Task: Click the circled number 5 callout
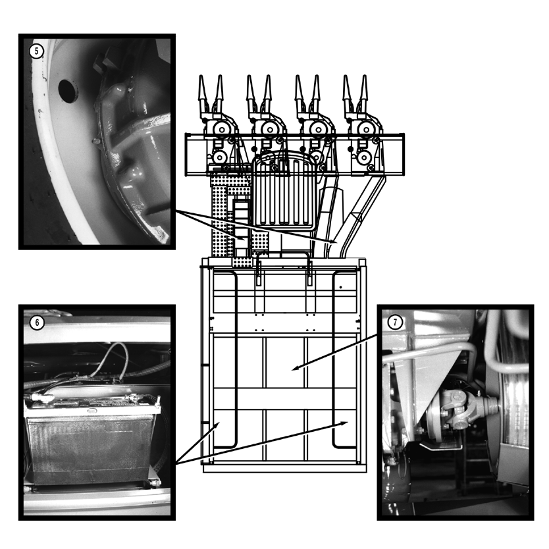click(x=36, y=51)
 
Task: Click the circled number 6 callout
click(x=37, y=322)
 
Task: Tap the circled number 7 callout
click(x=396, y=322)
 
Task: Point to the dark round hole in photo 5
click(x=68, y=91)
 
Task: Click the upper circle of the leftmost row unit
click(x=221, y=130)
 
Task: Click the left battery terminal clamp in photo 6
click(x=39, y=397)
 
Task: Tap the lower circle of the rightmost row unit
click(x=364, y=157)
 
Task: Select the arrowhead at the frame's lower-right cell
click(x=344, y=423)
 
